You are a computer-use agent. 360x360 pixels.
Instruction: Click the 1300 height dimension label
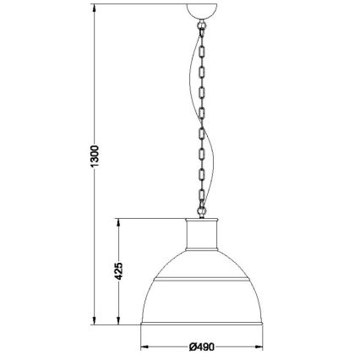tap(95, 156)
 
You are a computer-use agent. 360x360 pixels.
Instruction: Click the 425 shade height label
tap(118, 271)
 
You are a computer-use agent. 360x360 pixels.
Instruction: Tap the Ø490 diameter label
tap(202, 346)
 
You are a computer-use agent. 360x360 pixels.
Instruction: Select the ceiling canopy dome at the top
tap(202, 11)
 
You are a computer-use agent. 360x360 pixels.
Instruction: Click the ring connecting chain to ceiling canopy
tap(201, 25)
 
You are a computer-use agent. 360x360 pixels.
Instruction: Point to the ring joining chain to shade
tap(201, 210)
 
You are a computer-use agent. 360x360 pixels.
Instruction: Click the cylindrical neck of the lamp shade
tap(202, 234)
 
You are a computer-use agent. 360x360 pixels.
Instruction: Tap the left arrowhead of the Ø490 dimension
tap(145, 347)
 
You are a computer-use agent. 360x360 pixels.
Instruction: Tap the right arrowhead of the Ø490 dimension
tap(259, 347)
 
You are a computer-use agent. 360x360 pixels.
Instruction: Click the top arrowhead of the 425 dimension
tap(118, 222)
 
